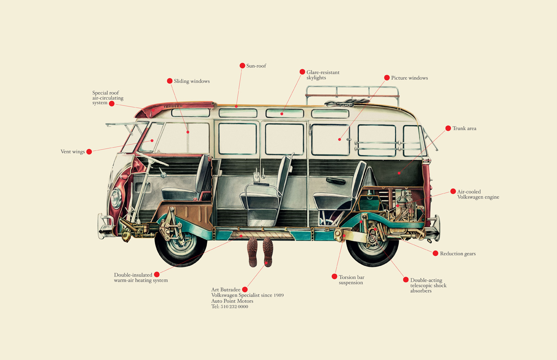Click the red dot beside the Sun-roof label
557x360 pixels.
point(242,66)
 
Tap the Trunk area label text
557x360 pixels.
point(464,128)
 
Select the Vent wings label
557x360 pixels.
point(72,152)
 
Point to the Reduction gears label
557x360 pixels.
point(458,254)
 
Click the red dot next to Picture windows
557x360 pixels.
point(387,78)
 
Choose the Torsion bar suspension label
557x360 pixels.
point(351,280)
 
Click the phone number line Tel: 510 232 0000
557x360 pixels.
point(230,307)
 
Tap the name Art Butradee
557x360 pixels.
point(226,290)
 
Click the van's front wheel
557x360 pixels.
point(181,245)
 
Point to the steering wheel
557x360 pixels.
point(152,159)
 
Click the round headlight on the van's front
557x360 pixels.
point(116,198)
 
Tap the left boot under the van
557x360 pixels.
point(252,252)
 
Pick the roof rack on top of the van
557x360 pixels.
point(353,96)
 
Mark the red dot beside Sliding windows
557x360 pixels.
point(169,81)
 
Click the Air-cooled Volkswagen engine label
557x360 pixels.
point(478,194)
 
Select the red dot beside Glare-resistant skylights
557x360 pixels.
point(302,72)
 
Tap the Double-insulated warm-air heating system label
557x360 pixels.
point(141,278)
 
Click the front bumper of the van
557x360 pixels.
point(104,226)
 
